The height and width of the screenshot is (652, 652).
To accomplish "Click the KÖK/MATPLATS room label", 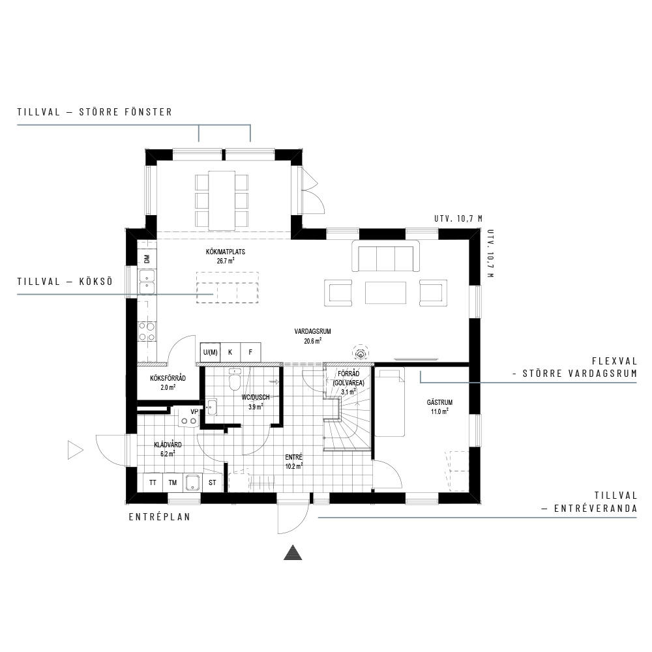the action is tap(226, 256).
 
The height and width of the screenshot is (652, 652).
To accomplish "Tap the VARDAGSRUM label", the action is tap(313, 336).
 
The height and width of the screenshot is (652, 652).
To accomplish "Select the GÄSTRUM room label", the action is tap(439, 407).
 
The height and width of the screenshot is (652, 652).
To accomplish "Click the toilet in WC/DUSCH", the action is tap(235, 379).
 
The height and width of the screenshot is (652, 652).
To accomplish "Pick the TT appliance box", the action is tap(153, 482).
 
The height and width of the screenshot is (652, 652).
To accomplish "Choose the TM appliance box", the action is tap(173, 482).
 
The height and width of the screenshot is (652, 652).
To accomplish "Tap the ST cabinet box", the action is tap(213, 482).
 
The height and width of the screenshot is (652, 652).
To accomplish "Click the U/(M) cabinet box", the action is tap(210, 352).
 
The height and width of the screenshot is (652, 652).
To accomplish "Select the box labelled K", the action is tap(230, 352).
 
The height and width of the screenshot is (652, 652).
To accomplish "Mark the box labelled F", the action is tap(250, 352).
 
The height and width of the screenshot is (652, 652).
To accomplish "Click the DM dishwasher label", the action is tap(147, 259).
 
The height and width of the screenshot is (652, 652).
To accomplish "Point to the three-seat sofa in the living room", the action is tap(385, 256).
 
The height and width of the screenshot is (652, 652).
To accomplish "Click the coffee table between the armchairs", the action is tap(385, 293).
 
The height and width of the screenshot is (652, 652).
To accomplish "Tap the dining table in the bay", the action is tap(222, 200).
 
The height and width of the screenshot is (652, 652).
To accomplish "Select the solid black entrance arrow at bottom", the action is tap(293, 552).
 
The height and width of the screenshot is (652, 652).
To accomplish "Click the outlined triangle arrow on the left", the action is tap(75, 451).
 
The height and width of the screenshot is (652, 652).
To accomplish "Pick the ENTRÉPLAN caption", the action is tap(159, 517).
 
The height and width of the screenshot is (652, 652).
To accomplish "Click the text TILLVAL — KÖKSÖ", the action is tap(65, 281).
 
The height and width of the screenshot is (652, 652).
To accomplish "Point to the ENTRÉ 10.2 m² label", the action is tap(294, 462).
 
